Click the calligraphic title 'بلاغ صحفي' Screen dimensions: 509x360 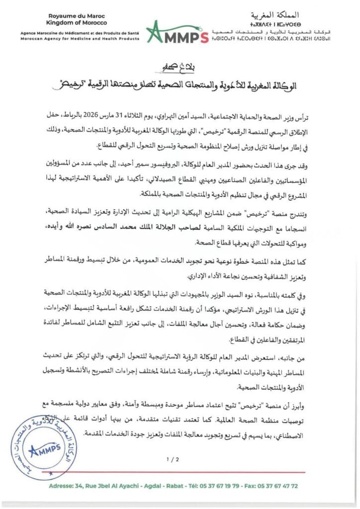[x=180, y=66]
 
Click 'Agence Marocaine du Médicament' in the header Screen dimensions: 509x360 [x=57, y=32]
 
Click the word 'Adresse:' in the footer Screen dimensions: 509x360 [x=61, y=486]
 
